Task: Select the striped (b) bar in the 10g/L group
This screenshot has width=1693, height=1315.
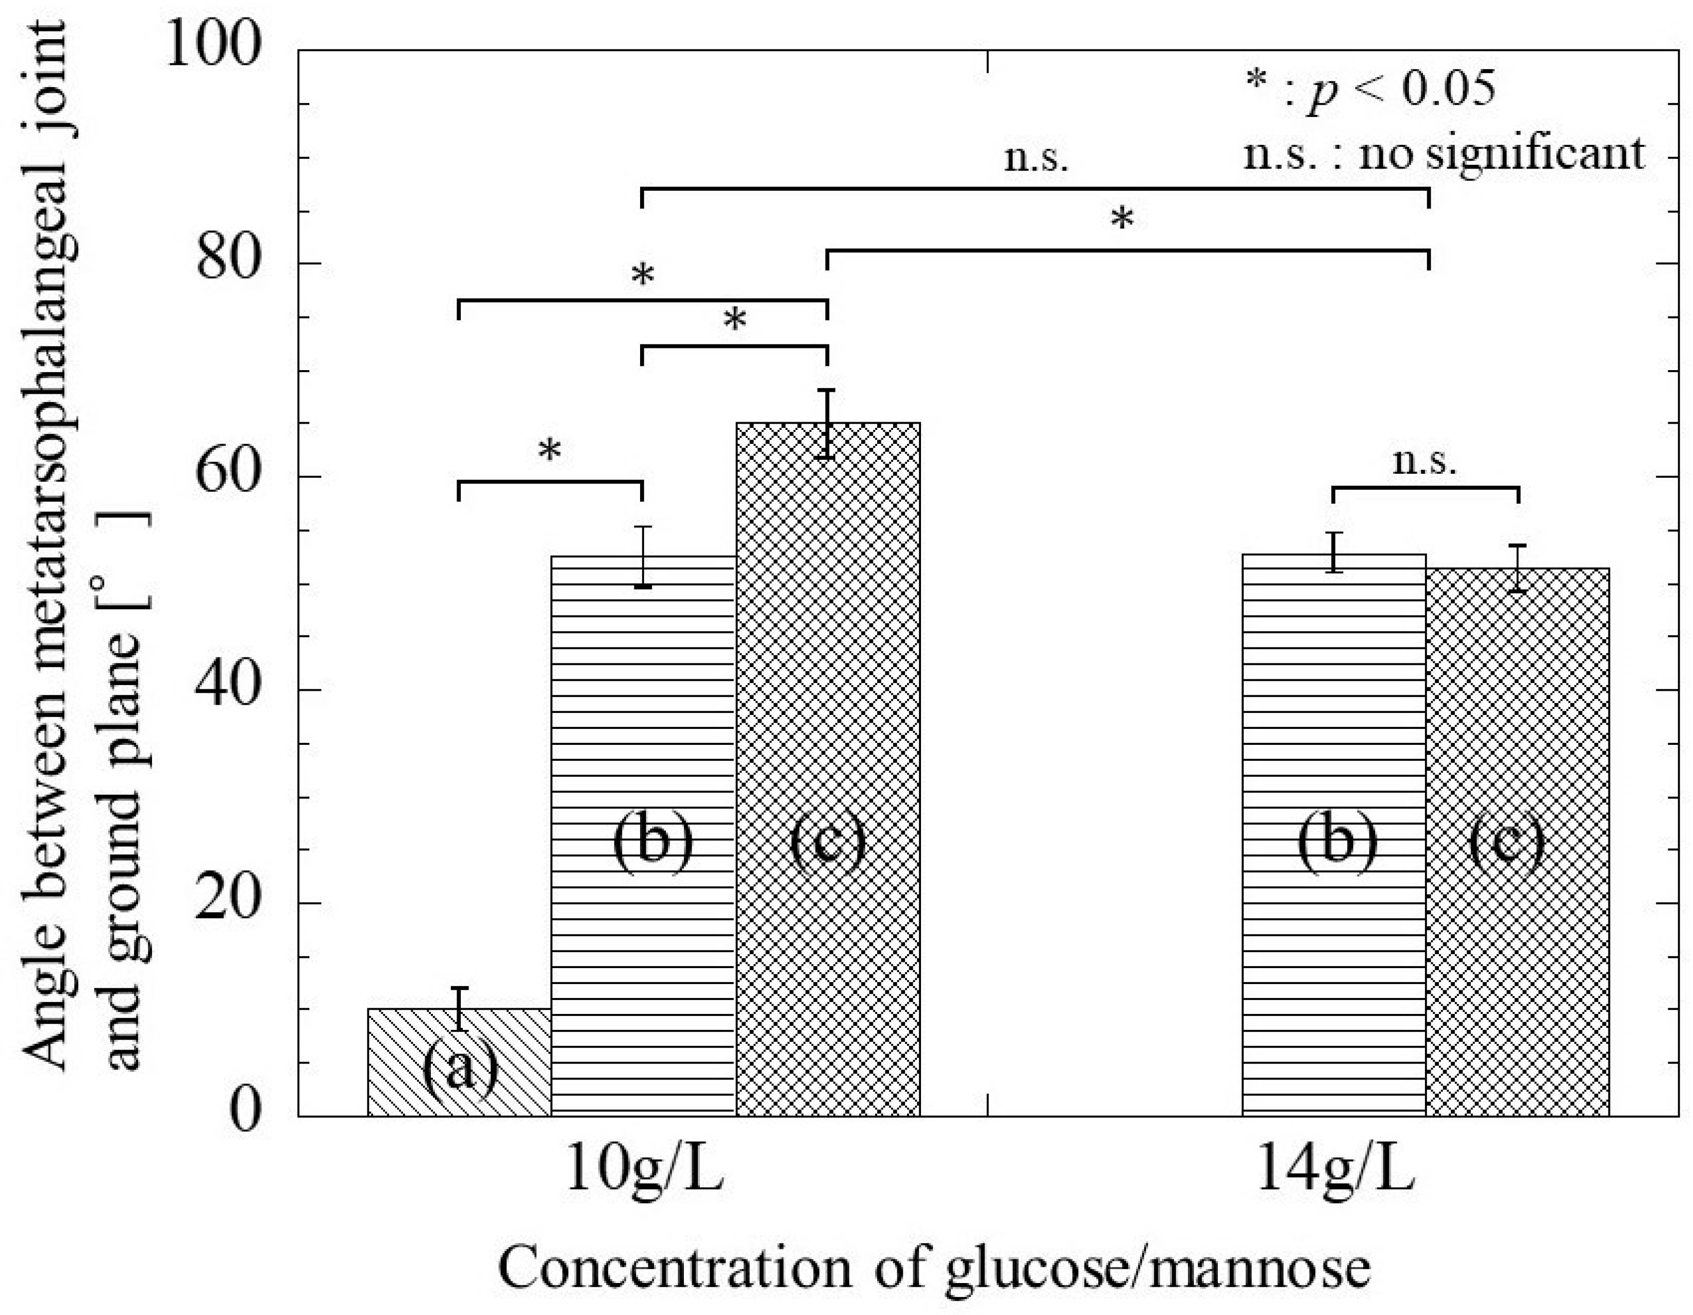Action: (x=643, y=837)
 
